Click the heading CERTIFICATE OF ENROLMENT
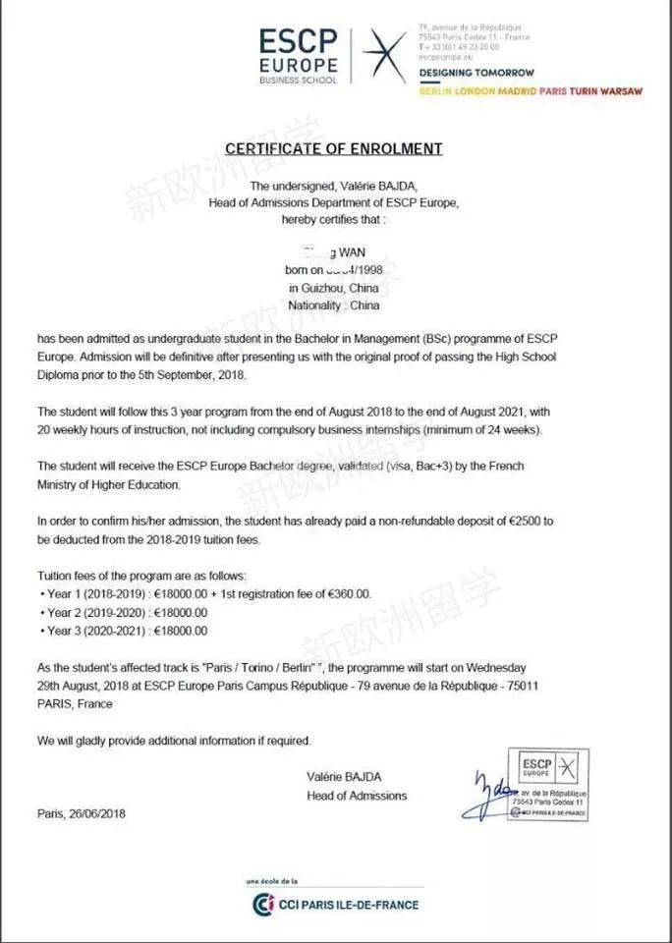[334, 149]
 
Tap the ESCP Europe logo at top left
[299, 53]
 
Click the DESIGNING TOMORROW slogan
[476, 73]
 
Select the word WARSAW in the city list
[622, 91]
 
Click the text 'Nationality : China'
[334, 305]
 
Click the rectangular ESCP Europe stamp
[548, 783]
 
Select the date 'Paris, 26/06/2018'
[82, 813]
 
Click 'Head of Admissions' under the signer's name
[356, 796]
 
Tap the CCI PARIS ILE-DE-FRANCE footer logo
[335, 905]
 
